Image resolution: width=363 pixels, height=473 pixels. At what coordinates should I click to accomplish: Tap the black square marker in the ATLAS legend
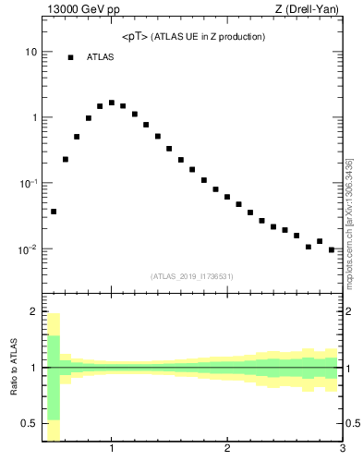pyautogui.click(x=70, y=57)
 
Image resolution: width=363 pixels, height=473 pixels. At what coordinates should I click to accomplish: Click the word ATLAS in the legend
pyautogui.click(x=101, y=57)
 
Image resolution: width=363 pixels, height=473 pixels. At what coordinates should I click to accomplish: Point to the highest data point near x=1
pyautogui.click(x=112, y=103)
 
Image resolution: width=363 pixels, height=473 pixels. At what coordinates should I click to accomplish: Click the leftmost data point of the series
pyautogui.click(x=54, y=212)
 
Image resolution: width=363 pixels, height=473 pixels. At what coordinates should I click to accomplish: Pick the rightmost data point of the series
pyautogui.click(x=331, y=249)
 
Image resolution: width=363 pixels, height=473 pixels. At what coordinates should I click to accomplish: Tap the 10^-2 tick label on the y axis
pyautogui.click(x=28, y=249)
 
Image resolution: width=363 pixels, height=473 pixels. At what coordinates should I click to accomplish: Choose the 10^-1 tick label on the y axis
pyautogui.click(x=28, y=184)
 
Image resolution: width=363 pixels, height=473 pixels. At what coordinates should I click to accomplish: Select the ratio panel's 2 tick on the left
pyautogui.click(x=33, y=311)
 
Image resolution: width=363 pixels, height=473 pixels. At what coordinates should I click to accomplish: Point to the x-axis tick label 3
pyautogui.click(x=342, y=450)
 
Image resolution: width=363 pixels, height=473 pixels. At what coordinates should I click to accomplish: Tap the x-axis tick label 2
pyautogui.click(x=227, y=450)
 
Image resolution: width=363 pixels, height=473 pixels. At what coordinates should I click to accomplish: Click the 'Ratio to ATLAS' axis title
pyautogui.click(x=14, y=368)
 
